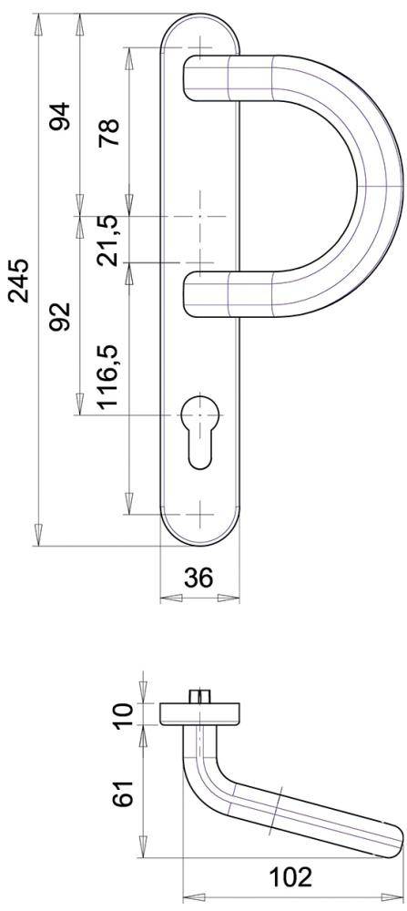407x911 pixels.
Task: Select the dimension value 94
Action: coord(60,116)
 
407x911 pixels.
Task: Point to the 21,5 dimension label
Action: coord(109,240)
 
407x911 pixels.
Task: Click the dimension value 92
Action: coord(60,319)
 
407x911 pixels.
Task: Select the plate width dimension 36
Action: coord(199,578)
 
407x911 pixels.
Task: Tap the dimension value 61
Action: coord(124,792)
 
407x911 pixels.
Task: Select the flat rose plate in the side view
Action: coord(201,714)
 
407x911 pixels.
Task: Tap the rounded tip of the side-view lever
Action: coord(396,839)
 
